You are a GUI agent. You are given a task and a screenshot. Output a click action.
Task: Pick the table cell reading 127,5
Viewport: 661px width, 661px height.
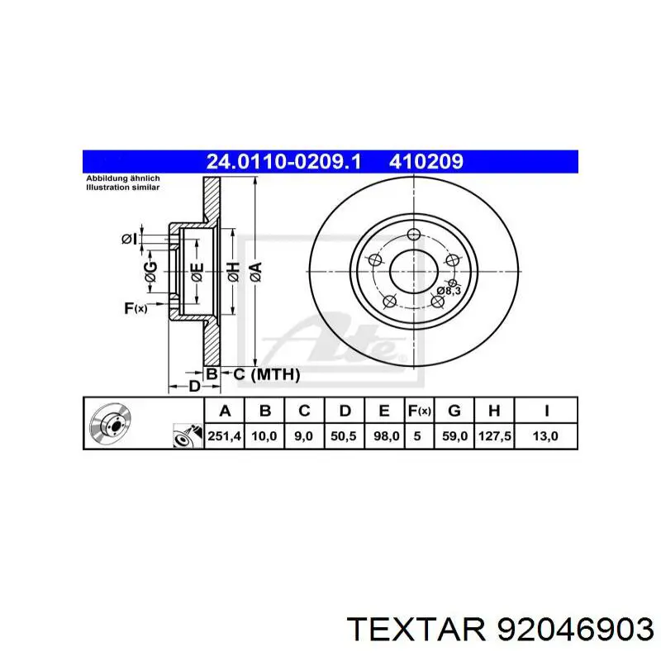click(493, 435)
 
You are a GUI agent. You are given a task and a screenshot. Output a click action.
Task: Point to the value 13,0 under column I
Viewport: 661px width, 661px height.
click(546, 435)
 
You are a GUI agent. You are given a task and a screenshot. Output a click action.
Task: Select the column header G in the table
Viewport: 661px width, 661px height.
click(454, 411)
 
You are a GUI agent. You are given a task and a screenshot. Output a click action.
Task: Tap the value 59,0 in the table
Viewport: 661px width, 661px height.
click(454, 435)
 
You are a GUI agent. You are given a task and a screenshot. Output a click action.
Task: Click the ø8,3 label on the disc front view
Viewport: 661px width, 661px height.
click(448, 291)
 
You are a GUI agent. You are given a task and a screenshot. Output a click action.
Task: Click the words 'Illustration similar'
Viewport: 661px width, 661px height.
click(123, 188)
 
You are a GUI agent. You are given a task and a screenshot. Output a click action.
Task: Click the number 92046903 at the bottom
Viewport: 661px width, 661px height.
click(571, 630)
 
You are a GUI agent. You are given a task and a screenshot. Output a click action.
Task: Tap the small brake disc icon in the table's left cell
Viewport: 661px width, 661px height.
click(108, 423)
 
